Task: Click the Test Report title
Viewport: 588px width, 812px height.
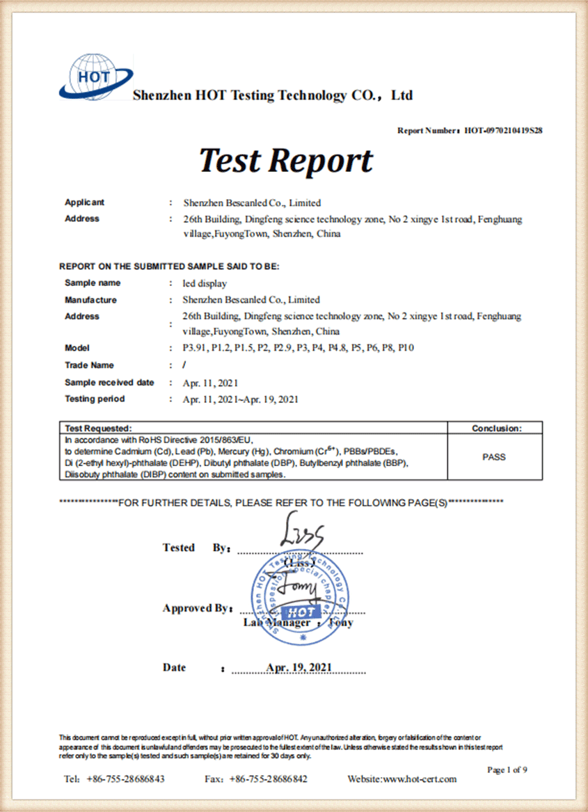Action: click(x=286, y=160)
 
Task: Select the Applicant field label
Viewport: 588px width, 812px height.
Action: click(x=84, y=202)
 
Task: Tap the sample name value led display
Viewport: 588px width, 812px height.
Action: click(x=205, y=283)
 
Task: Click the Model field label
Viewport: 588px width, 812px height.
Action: click(x=77, y=348)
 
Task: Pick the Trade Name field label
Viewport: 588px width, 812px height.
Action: click(x=89, y=365)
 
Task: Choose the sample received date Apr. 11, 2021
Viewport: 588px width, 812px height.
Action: click(x=210, y=383)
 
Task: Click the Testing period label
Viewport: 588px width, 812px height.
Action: click(x=95, y=399)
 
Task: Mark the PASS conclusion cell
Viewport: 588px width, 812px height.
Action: click(x=494, y=457)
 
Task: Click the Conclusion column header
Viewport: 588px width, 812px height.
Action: click(x=496, y=429)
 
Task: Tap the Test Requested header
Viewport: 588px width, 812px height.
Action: click(x=97, y=429)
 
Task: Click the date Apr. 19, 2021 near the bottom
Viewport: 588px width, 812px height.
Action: click(x=299, y=667)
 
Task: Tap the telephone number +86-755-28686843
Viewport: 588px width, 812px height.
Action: click(x=125, y=779)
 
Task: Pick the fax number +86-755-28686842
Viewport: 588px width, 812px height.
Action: click(x=268, y=779)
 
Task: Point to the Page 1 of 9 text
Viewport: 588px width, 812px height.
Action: click(x=507, y=769)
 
